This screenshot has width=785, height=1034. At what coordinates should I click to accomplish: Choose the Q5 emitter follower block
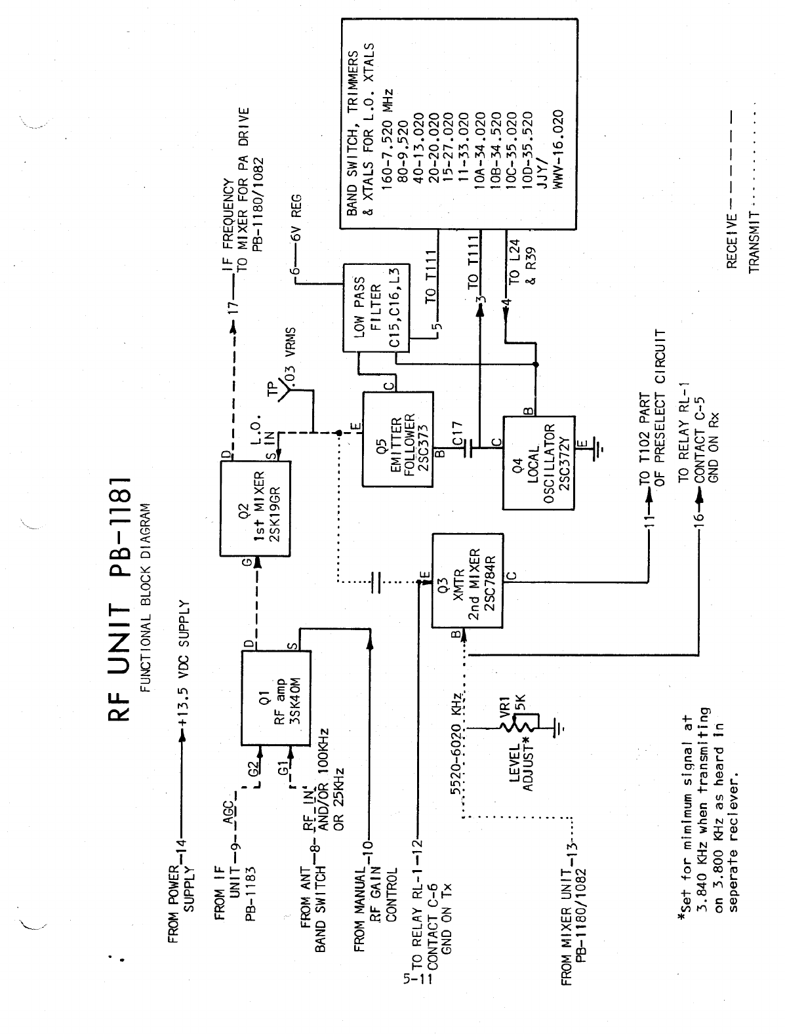397,439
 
